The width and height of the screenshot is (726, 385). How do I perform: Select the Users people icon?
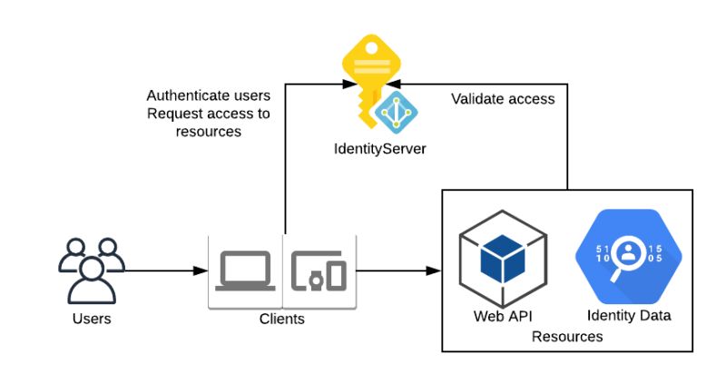[91, 270]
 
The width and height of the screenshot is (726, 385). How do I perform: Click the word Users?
[91, 319]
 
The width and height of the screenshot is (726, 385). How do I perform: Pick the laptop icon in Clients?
[245, 271]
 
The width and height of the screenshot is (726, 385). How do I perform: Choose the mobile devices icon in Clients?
[319, 271]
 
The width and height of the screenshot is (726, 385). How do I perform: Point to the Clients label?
[282, 320]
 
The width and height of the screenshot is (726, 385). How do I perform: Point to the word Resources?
[567, 337]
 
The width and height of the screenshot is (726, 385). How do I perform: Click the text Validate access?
[503, 99]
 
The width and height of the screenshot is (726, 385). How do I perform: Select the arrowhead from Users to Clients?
[201, 271]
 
